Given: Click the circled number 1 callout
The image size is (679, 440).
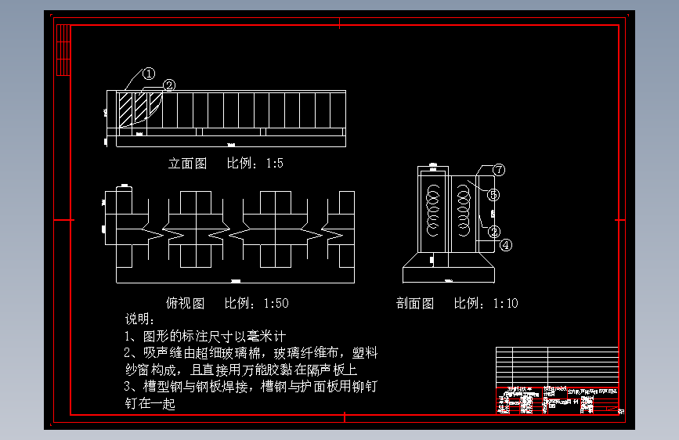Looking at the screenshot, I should click(149, 74).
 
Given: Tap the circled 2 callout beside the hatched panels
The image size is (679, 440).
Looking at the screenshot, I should click(168, 85).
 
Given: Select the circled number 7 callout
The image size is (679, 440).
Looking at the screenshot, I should click(499, 169).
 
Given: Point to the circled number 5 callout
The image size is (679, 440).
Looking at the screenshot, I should click(493, 194).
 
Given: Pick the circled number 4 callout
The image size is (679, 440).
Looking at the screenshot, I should click(506, 244).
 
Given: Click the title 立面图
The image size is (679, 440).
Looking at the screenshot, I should click(188, 164).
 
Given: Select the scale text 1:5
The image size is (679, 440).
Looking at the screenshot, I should click(274, 164).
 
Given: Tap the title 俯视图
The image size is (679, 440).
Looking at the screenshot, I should click(186, 303).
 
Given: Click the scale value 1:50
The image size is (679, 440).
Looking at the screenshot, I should click(276, 303).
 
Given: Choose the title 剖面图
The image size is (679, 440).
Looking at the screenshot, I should click(415, 303).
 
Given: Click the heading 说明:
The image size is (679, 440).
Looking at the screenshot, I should click(141, 319).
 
